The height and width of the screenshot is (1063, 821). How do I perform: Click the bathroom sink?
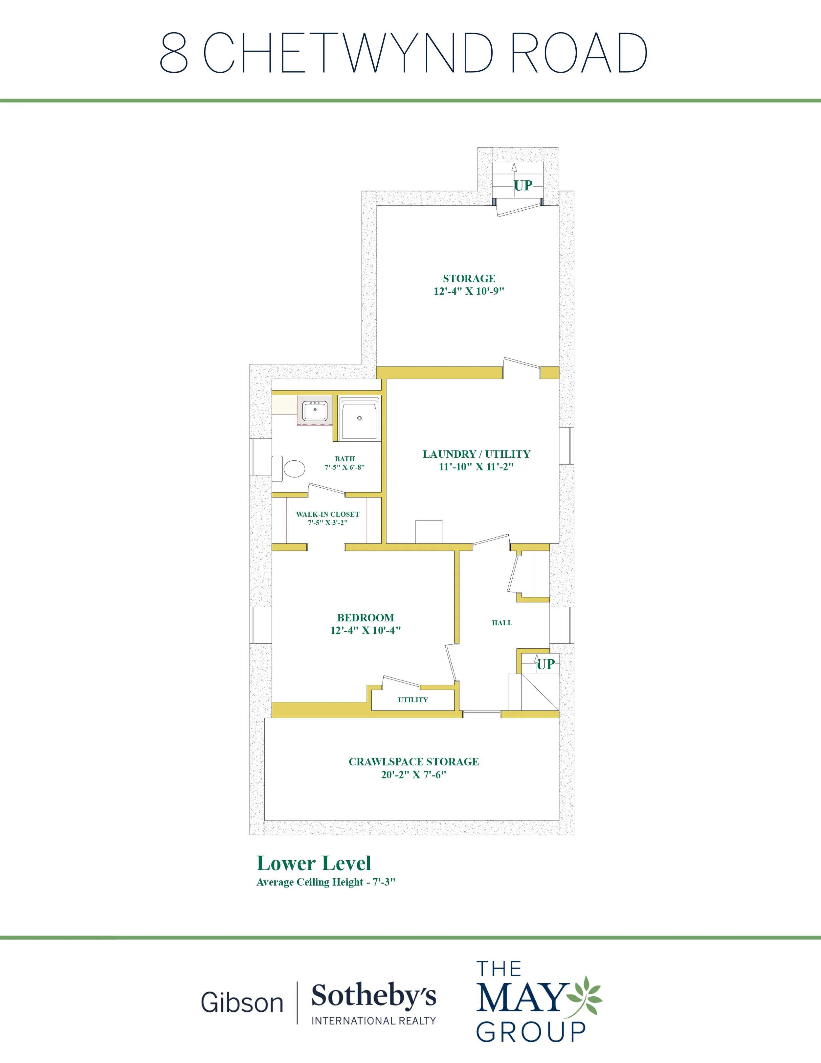click(314, 411)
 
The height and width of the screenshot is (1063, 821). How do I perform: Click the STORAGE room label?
click(469, 278)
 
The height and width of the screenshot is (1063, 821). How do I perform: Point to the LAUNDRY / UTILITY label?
click(476, 454)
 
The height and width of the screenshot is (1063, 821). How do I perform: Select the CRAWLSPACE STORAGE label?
click(414, 762)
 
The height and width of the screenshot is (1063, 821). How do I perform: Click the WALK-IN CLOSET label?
click(328, 514)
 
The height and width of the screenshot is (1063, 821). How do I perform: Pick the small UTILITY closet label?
click(413, 700)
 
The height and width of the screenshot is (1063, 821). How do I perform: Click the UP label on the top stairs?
click(523, 185)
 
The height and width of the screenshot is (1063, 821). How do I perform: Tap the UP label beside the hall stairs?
click(546, 664)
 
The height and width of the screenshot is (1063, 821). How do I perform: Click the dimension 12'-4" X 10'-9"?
click(469, 291)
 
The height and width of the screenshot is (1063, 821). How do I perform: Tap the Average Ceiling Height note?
click(326, 882)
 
